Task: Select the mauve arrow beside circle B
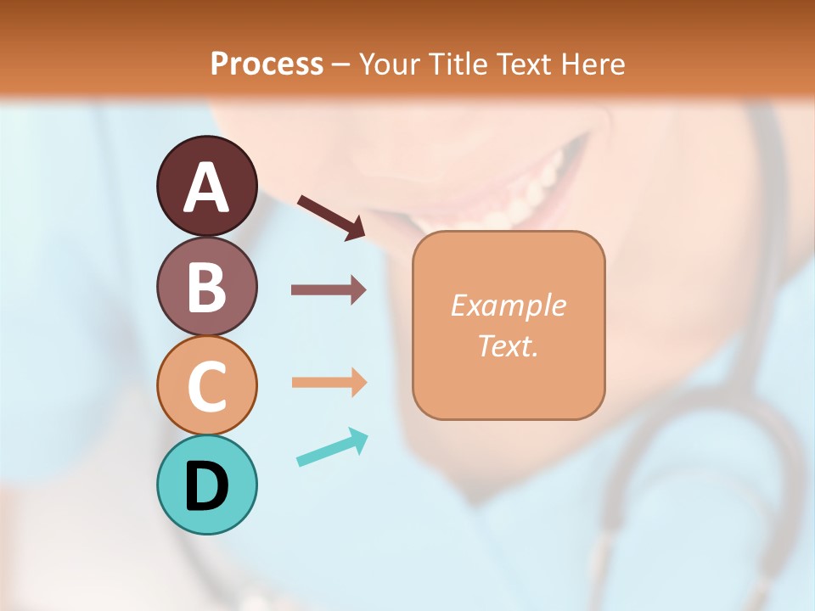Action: (329, 290)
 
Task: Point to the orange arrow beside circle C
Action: (329, 383)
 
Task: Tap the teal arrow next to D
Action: (332, 448)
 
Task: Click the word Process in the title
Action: (267, 64)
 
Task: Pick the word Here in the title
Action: (594, 64)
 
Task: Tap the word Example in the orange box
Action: (508, 305)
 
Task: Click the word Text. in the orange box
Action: (508, 345)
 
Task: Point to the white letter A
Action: (206, 188)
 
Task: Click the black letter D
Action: (206, 486)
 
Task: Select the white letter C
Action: (206, 386)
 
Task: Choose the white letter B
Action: (206, 287)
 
